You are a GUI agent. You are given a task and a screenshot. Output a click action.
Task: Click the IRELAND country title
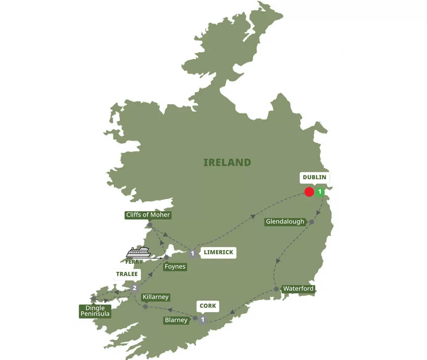coord(227,162)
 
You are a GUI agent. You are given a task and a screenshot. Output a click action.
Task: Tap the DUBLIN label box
coord(314,177)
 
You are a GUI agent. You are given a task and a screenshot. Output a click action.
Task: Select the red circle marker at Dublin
coord(309,192)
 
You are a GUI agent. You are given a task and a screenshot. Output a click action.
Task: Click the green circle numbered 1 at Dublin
coord(320,192)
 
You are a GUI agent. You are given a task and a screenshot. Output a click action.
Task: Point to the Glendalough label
coord(285,221)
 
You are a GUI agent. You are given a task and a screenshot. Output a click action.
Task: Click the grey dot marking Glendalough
coord(311,222)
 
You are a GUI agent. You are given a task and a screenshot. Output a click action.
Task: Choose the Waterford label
coord(298,288)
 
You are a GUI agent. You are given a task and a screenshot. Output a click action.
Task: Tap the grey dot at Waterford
coord(276,289)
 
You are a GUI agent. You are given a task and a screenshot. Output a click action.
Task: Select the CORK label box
coord(208,306)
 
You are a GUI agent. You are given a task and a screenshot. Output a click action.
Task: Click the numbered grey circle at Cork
coord(203,320)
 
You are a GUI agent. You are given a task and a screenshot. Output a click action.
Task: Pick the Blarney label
coord(176,320)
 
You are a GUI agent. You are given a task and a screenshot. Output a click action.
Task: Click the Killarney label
coord(156,297)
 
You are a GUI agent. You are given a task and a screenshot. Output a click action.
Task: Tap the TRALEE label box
coord(127,274)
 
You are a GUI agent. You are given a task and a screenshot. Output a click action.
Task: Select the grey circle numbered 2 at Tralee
coord(134,288)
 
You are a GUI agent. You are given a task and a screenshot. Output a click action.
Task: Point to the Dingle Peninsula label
coord(95,311)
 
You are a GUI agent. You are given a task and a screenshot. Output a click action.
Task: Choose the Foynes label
coord(175,266)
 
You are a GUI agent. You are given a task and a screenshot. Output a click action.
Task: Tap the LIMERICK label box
coord(218,252)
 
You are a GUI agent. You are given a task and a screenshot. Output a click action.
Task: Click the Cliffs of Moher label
coord(148,215)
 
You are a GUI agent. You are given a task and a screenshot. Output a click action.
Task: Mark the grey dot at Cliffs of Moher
coord(150,225)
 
